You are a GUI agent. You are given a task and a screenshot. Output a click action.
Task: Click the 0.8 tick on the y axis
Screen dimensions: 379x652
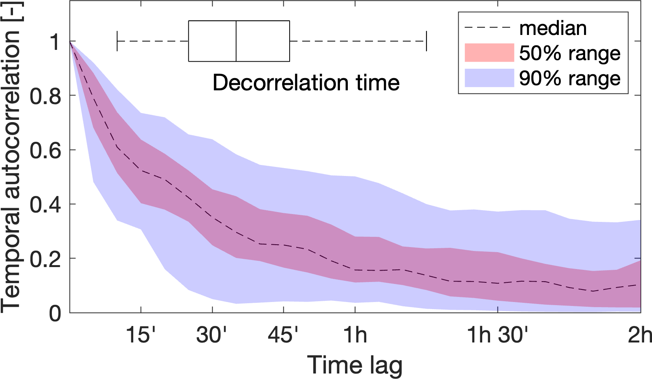(45, 95)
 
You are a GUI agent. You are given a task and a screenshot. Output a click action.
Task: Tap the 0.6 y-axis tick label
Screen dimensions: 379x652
(45, 150)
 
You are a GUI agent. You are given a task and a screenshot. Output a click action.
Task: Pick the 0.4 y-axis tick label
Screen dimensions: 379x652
(45, 204)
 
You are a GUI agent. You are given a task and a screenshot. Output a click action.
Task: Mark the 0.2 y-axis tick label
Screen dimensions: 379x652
(45, 258)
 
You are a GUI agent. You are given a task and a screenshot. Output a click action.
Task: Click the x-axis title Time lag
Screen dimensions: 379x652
(354, 365)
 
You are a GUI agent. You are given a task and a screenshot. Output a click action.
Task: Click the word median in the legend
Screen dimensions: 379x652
(553, 28)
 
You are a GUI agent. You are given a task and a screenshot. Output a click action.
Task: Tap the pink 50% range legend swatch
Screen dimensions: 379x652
(489, 53)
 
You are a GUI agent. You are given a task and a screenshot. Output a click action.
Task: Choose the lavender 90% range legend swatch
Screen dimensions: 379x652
(489, 78)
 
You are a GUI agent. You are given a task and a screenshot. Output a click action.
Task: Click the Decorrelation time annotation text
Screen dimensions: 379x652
(306, 83)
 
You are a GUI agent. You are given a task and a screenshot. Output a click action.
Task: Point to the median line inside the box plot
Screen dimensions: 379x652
(236, 41)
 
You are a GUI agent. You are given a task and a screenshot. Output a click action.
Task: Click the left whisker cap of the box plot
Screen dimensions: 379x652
(117, 41)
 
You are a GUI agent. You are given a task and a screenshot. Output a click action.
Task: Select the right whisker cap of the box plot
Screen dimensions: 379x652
(426, 41)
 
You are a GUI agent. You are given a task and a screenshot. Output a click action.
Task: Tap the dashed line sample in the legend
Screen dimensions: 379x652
(488, 28)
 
